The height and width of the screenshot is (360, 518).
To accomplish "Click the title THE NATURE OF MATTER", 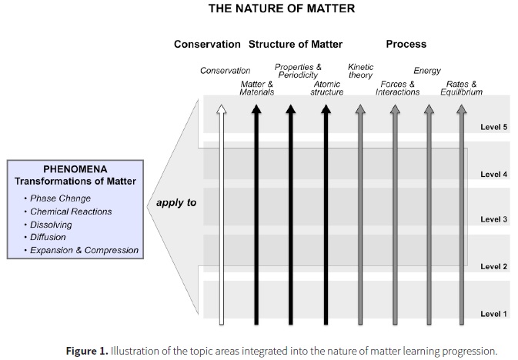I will [x=258, y=10].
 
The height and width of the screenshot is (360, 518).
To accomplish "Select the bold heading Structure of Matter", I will [x=295, y=45].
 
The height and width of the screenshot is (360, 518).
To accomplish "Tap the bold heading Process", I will [x=406, y=45].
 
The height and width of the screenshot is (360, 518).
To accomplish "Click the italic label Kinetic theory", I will [x=361, y=71].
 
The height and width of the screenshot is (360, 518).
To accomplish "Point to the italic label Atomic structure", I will [x=326, y=88].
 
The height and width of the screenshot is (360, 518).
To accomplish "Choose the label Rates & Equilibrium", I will [x=464, y=88].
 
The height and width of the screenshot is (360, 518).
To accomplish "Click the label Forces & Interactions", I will [x=398, y=88].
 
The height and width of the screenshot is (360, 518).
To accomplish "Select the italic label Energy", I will [x=427, y=71].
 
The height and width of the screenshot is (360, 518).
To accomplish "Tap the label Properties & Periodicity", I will [x=298, y=71].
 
